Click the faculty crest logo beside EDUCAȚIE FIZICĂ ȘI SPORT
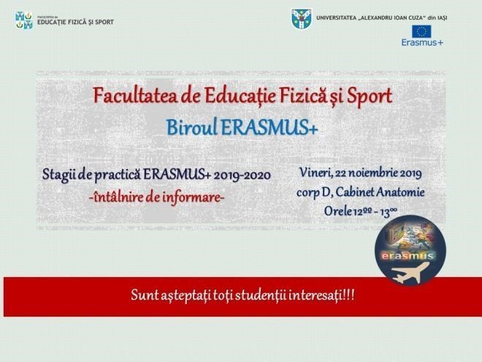point(24,20)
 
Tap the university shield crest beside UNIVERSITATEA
point(301,19)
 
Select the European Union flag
point(421,31)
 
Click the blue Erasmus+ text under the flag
point(422,42)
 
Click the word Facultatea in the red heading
point(135,96)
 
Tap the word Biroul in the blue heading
point(192,127)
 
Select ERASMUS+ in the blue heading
point(269,127)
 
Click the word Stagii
point(58,176)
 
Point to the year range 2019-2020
point(242,176)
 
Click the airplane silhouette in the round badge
point(410,273)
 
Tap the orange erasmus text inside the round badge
point(408,255)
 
